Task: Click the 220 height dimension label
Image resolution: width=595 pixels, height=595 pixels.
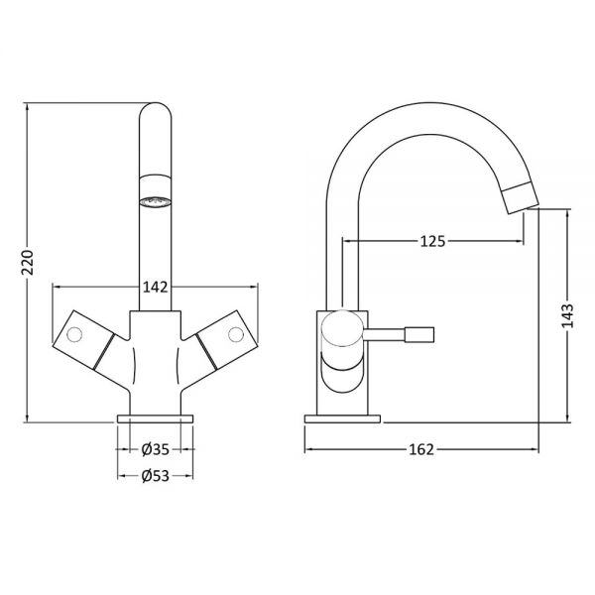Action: (x=28, y=262)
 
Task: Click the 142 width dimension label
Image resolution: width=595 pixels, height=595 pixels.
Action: (x=156, y=288)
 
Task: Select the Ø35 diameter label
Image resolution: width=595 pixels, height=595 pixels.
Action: (x=156, y=449)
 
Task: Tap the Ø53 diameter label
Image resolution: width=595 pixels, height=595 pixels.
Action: (x=156, y=476)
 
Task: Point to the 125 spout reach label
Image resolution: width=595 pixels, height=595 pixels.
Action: (x=432, y=241)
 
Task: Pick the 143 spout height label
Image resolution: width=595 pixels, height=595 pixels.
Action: (x=568, y=315)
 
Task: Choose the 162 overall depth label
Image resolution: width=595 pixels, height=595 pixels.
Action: (x=421, y=449)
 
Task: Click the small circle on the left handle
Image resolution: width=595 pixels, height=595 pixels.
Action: (x=74, y=334)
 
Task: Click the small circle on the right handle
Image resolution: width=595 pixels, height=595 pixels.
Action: (x=236, y=334)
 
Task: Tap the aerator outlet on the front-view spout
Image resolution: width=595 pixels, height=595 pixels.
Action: (x=156, y=202)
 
